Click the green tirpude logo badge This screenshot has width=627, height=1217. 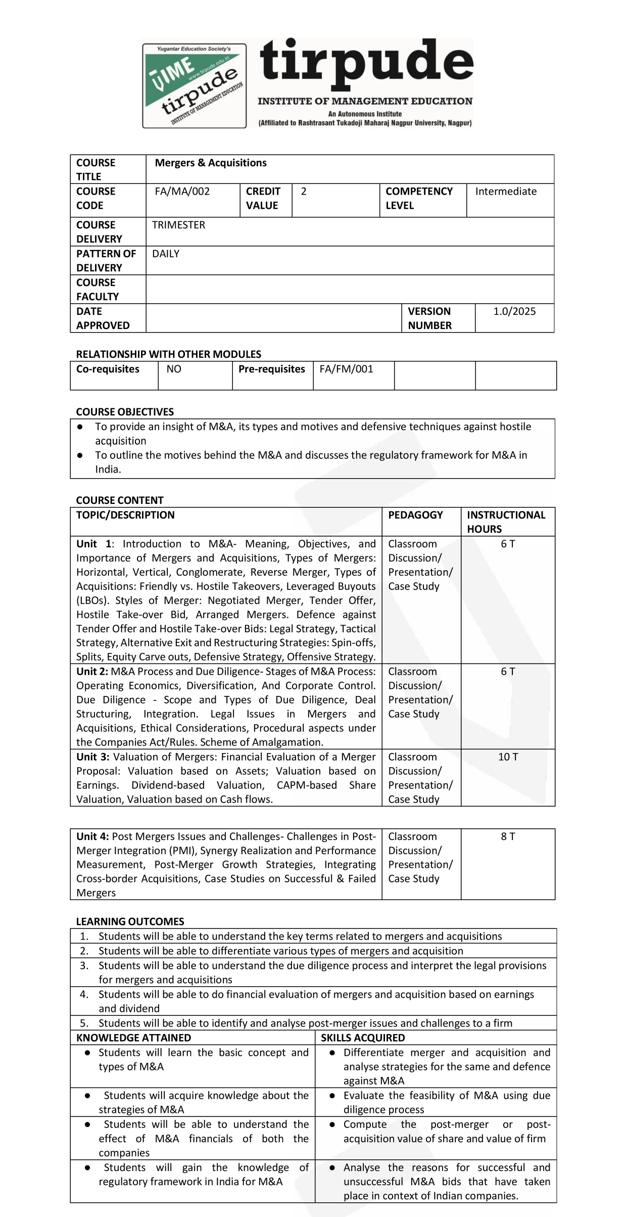(x=195, y=85)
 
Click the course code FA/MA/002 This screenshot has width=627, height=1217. (x=182, y=192)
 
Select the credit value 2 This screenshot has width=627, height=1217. (x=304, y=192)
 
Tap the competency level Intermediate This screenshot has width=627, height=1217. (x=506, y=192)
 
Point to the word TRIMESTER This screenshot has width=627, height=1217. (x=178, y=225)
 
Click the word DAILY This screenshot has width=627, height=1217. (x=166, y=254)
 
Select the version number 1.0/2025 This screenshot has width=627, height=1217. (x=514, y=311)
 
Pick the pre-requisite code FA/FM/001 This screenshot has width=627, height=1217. (x=346, y=369)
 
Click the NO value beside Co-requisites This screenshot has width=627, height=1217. (x=174, y=369)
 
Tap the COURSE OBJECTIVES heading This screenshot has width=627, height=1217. (x=125, y=412)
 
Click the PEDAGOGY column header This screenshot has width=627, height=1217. (x=415, y=515)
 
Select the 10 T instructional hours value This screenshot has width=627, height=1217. (x=508, y=757)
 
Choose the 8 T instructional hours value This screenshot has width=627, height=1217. (x=508, y=836)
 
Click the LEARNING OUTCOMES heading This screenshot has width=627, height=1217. (x=130, y=921)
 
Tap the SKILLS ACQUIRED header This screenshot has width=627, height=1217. (x=363, y=1038)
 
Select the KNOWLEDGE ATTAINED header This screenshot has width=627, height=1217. (x=133, y=1038)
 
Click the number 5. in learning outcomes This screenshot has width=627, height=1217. (x=84, y=1023)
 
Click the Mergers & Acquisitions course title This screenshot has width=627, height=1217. (x=211, y=163)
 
